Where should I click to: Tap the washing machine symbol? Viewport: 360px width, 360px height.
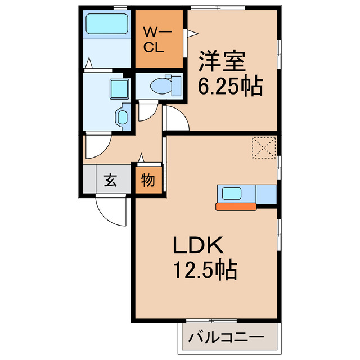coord(121,117)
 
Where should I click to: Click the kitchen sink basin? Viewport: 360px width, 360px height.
coord(232,193)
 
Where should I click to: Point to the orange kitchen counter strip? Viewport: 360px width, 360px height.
coord(236,206)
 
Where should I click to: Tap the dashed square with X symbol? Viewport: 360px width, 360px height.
coord(262,148)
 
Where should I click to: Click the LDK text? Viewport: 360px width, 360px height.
coord(198,246)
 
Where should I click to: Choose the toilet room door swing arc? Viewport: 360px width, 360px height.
coord(147,110)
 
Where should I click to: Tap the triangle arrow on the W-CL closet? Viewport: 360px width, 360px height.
coord(191,34)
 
